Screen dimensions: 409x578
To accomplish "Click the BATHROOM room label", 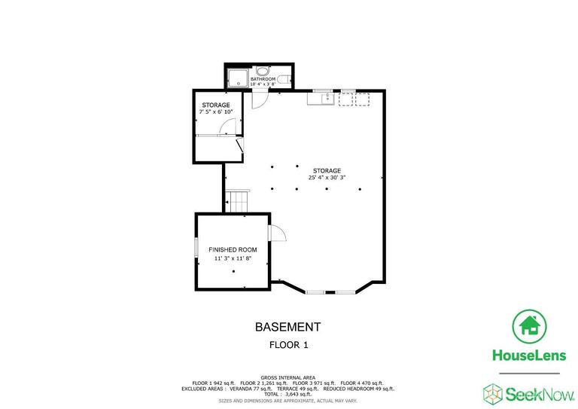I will [x=263, y=78].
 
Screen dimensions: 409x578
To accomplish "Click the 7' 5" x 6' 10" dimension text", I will [x=215, y=111].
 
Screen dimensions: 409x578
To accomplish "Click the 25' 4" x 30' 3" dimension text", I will [x=328, y=179].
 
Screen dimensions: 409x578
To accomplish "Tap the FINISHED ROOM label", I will [x=233, y=249].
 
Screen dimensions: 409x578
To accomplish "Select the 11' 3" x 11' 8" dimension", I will [x=233, y=258].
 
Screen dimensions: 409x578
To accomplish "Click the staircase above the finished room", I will [x=238, y=202].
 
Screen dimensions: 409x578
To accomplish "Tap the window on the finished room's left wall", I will [x=196, y=249].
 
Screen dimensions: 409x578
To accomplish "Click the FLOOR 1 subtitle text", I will [x=288, y=345].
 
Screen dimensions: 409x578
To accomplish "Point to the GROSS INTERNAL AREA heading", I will [x=287, y=377].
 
